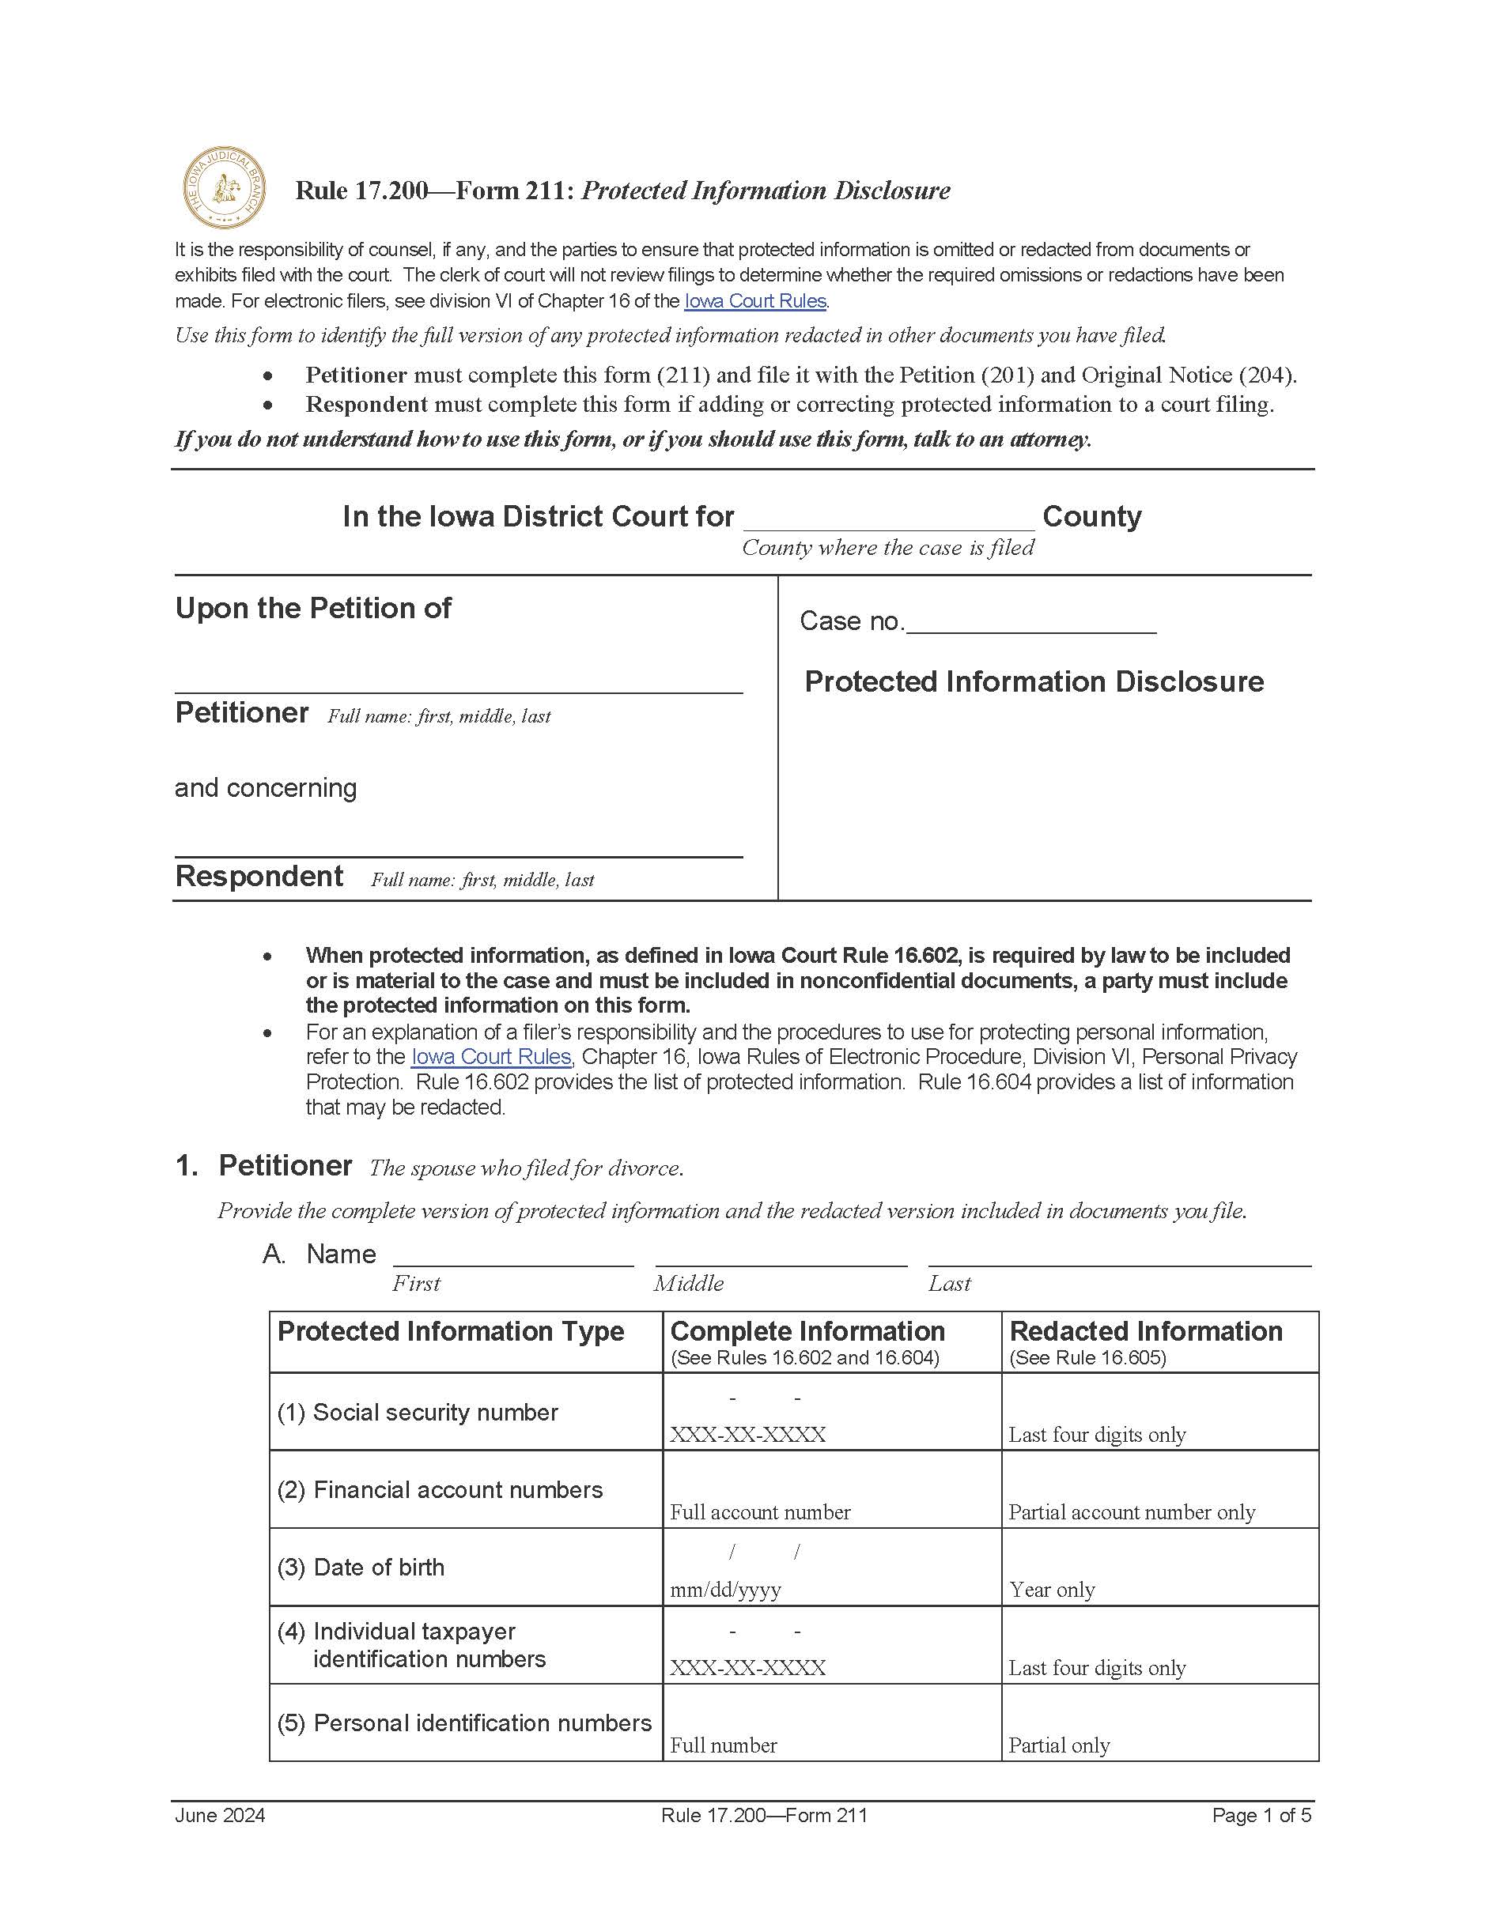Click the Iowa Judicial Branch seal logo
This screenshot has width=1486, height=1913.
tap(225, 188)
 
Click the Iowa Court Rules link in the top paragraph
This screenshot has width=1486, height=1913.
tap(754, 301)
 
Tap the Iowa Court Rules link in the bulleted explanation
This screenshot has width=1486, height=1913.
tap(490, 1057)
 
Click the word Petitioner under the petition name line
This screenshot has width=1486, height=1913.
tap(242, 713)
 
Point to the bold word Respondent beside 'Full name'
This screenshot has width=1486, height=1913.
tap(259, 877)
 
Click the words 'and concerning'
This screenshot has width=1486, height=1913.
tap(266, 788)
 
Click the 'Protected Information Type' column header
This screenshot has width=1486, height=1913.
tap(450, 1332)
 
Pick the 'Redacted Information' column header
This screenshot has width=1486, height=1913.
tap(1145, 1332)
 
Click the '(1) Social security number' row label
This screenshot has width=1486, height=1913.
tap(417, 1413)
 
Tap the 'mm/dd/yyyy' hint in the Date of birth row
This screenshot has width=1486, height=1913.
tap(725, 1590)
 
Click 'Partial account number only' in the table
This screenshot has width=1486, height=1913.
tap(1131, 1513)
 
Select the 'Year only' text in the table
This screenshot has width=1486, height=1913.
tap(1051, 1590)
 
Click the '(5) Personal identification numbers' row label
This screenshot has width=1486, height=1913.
tap(464, 1723)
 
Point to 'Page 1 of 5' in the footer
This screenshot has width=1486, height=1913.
tap(1261, 1816)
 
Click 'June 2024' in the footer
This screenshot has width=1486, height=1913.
tap(220, 1816)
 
